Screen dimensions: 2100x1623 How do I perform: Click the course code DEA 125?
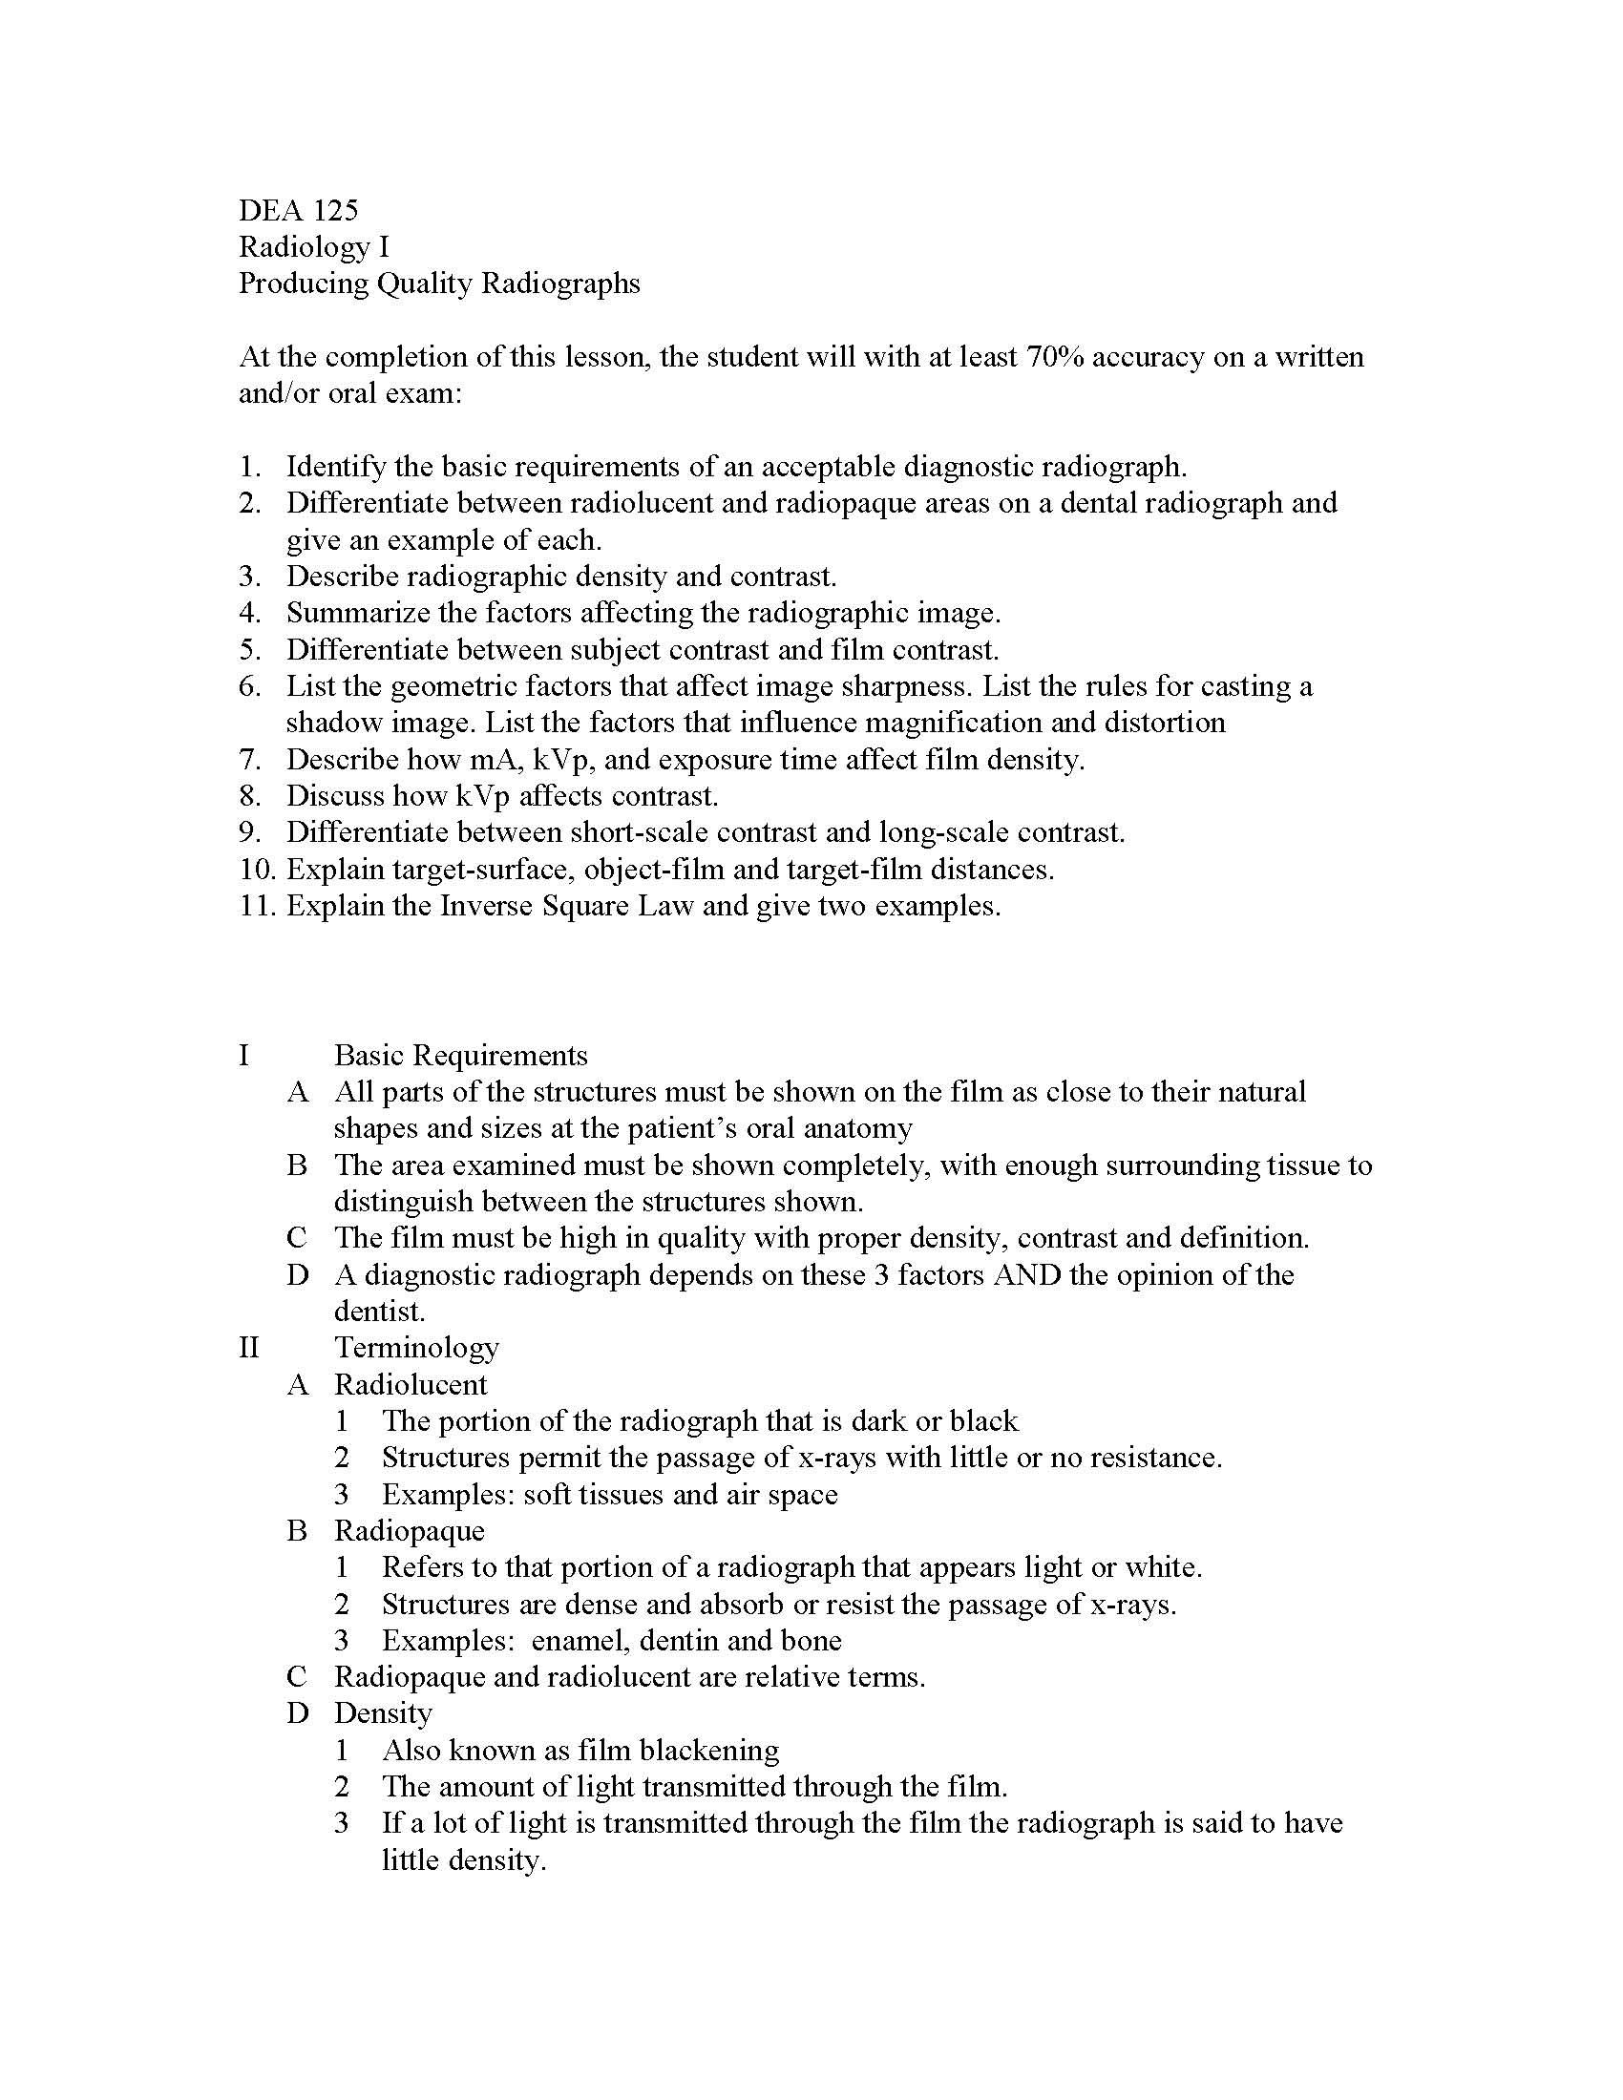[x=298, y=210]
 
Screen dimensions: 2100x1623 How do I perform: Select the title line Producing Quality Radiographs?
[x=439, y=283]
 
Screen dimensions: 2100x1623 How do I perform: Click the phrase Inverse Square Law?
[x=566, y=907]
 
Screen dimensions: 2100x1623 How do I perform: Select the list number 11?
[x=257, y=907]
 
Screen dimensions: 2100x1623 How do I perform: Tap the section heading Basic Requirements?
[x=460, y=1055]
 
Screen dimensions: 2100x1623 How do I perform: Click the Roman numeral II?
[x=249, y=1347]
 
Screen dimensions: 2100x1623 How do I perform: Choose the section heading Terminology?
[x=416, y=1347]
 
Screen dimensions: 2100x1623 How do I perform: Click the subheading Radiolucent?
[x=411, y=1385]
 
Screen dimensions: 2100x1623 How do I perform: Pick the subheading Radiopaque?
[x=409, y=1531]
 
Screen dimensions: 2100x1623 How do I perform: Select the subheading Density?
[x=383, y=1713]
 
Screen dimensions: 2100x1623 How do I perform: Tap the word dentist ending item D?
[x=378, y=1312]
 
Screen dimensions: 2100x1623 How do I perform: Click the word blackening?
[x=709, y=1750]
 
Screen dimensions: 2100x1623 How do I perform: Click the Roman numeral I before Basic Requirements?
[x=244, y=1055]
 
